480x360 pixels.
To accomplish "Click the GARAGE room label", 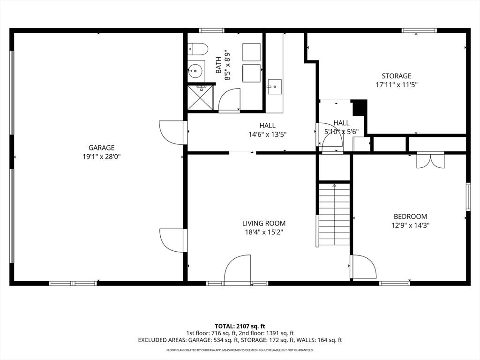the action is tap(102, 148).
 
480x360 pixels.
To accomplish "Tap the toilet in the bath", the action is tap(198, 49).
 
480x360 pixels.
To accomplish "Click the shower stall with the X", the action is tap(200, 97).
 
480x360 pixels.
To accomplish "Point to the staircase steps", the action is tap(334, 214).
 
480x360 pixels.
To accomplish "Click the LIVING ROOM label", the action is tap(264, 224).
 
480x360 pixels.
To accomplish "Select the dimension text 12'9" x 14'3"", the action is tap(411, 225).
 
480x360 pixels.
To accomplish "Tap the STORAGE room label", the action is tap(397, 75).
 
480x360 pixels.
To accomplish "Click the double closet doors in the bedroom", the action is tap(430, 160).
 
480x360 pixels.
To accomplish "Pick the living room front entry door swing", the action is tap(238, 269).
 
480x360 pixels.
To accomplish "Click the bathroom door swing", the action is tap(229, 100).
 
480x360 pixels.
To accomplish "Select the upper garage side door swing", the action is tap(173, 132).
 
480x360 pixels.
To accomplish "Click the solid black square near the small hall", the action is tap(360, 107).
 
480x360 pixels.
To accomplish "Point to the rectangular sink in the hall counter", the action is tap(275, 87).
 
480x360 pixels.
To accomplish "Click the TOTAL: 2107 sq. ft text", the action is tap(240, 326).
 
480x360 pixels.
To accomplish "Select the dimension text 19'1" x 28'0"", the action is tap(102, 157).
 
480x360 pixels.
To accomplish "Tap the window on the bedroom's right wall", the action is tap(468, 196).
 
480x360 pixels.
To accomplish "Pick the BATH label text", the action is tap(218, 65).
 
